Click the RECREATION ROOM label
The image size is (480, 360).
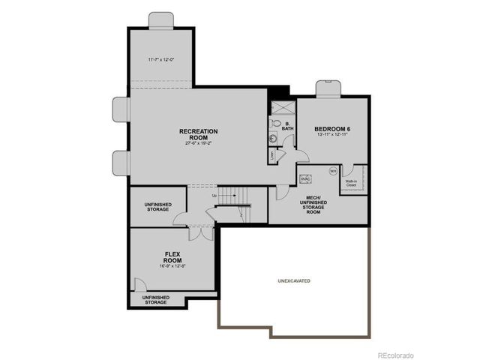click(198, 133)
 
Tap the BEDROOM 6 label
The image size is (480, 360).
click(332, 129)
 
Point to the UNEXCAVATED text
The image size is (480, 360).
click(294, 281)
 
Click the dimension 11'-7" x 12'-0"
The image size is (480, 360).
click(160, 59)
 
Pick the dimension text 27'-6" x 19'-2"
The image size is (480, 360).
click(198, 142)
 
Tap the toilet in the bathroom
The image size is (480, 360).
click(275, 124)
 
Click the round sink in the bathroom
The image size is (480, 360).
click(274, 138)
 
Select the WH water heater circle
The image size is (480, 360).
click(332, 172)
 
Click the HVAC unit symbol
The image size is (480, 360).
click(305, 179)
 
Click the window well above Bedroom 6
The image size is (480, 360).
click(328, 88)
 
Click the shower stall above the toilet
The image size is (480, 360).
click(281, 106)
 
